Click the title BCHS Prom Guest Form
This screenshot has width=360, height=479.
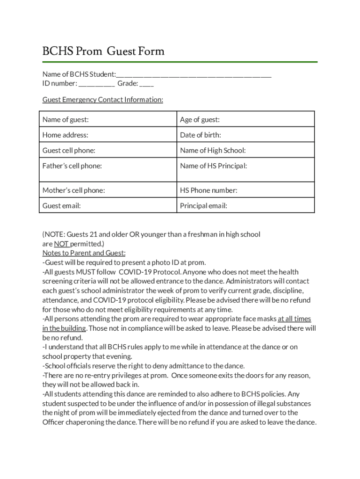pyautogui.click(x=103, y=51)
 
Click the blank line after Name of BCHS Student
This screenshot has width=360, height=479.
pyautogui.click(x=194, y=75)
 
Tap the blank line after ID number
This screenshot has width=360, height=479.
pyautogui.click(x=96, y=84)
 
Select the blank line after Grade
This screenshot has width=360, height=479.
pyautogui.click(x=146, y=84)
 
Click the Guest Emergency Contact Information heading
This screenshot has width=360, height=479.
pyautogui.click(x=103, y=100)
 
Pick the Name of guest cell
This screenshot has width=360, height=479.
pyautogui.click(x=108, y=119)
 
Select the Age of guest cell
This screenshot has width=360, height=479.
pyautogui.click(x=245, y=119)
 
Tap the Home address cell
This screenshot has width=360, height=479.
pyautogui.click(x=108, y=135)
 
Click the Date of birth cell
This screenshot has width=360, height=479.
pyautogui.click(x=245, y=135)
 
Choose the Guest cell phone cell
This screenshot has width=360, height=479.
pyautogui.click(x=108, y=150)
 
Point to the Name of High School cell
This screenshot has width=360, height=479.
pyautogui.click(x=245, y=150)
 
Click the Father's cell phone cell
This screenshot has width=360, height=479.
pyautogui.click(x=108, y=169)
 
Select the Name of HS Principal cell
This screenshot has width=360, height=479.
pyautogui.click(x=245, y=169)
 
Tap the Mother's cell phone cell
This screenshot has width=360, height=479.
pyautogui.click(x=108, y=190)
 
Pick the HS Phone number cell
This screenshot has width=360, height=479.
pyautogui.click(x=245, y=190)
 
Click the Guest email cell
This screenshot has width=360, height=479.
pyautogui.click(x=108, y=205)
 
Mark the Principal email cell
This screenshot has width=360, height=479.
pyautogui.click(x=245, y=205)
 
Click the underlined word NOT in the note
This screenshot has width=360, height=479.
pyautogui.click(x=61, y=244)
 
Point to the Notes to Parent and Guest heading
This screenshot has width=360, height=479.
pyautogui.click(x=84, y=253)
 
